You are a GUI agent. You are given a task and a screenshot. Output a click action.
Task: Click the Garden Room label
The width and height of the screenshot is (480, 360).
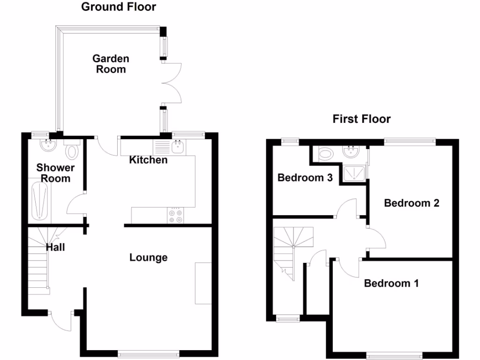pyautogui.click(x=111, y=64)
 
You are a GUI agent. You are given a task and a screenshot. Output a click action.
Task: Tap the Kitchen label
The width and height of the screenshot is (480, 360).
pyautogui.click(x=148, y=160)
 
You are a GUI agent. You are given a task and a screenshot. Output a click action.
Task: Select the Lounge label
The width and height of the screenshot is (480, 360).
pyautogui.click(x=148, y=257)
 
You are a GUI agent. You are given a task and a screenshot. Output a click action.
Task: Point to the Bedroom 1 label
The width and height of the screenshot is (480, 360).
pyautogui.click(x=391, y=283)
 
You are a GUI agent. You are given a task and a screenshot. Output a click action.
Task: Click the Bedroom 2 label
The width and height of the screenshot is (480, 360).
pyautogui.click(x=411, y=203)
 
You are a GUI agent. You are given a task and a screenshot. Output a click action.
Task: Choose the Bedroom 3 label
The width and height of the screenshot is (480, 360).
pyautogui.click(x=305, y=178)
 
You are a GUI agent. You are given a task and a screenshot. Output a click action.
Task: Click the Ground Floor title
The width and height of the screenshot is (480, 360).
pyautogui.click(x=118, y=7)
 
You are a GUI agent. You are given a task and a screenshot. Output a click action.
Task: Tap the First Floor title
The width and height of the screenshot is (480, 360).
pyautogui.click(x=361, y=119)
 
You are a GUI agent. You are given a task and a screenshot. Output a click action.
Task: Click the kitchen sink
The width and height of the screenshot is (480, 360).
pyautogui.click(x=178, y=147)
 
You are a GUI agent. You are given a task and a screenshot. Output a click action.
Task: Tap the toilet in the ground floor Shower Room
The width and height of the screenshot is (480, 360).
pyautogui.click(x=72, y=151)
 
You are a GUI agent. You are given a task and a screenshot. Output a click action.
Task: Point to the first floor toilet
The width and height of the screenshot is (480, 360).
pyautogui.click(x=325, y=153)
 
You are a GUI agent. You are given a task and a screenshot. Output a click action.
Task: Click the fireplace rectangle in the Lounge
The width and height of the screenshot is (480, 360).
pyautogui.click(x=203, y=283)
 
